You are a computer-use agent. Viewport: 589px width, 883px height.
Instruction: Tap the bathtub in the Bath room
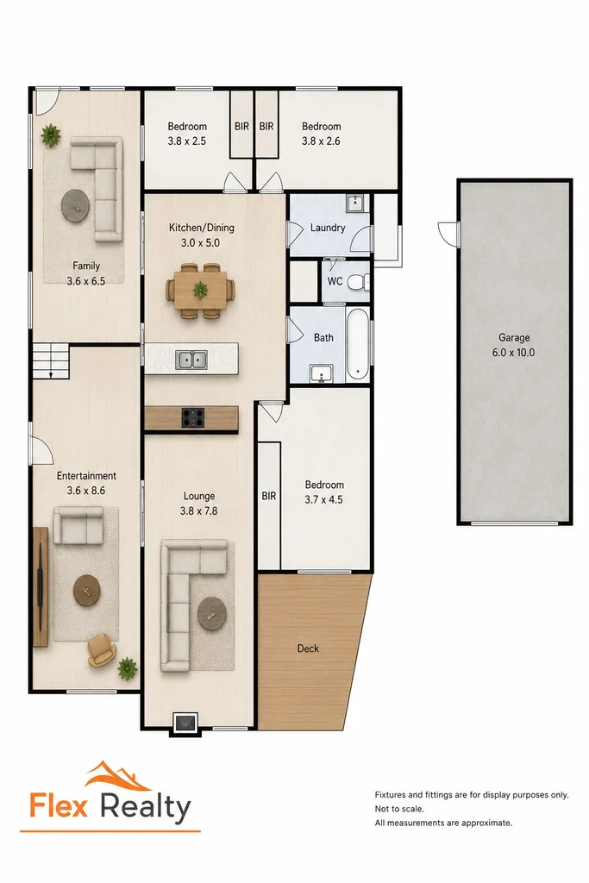(357, 344)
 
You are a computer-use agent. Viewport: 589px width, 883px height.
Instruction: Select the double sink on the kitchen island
(191, 360)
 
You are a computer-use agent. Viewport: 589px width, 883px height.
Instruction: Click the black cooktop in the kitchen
(192, 417)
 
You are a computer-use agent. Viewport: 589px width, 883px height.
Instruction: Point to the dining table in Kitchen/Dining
(200, 290)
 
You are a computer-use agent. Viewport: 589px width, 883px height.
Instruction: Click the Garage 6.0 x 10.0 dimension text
(514, 353)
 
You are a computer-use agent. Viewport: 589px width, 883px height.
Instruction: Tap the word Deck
(308, 648)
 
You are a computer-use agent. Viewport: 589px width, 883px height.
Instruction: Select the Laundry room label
(328, 228)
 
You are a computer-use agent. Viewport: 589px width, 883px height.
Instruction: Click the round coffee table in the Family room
(75, 205)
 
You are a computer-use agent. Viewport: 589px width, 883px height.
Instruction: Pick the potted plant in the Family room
(51, 135)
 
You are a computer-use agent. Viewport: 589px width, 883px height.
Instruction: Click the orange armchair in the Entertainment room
(102, 649)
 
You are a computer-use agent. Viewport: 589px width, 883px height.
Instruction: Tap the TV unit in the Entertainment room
(41, 586)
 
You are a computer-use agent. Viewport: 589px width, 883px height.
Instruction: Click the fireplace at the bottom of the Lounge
(185, 723)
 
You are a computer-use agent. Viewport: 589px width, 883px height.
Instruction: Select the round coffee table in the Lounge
(212, 614)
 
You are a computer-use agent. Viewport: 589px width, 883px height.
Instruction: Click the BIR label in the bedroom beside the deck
(269, 496)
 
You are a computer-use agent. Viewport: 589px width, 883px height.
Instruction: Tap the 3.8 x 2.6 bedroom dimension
(321, 141)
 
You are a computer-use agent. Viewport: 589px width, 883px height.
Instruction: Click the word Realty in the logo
(146, 807)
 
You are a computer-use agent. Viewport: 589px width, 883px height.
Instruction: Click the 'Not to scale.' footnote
(399, 809)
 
